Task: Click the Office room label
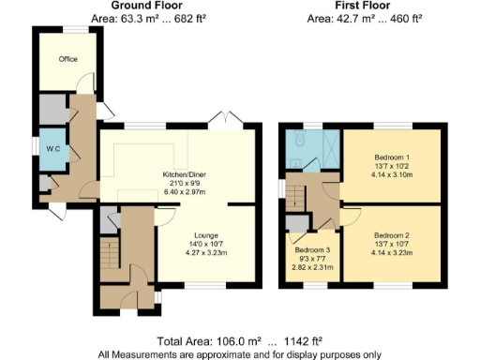tap(67, 60)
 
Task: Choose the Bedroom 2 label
tap(391, 234)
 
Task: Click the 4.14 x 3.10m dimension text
tap(391, 174)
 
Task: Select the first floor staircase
tap(295, 195)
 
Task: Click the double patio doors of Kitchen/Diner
tap(230, 120)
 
